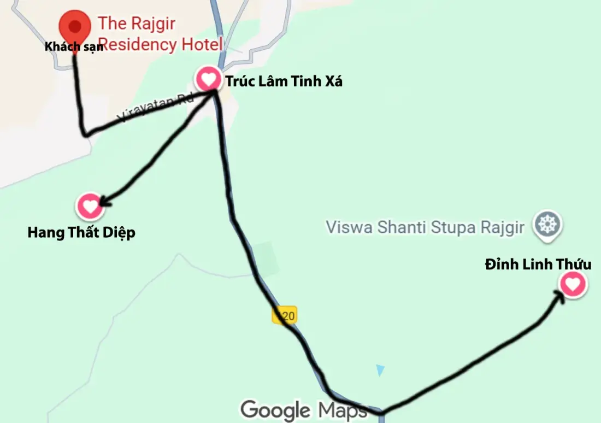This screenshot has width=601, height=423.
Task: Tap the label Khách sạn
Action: tap(74, 47)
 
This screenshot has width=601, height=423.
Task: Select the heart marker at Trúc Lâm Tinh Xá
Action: tap(208, 80)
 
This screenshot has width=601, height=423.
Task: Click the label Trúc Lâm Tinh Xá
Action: tap(284, 82)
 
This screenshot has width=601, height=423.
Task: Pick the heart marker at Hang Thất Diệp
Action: tap(90, 206)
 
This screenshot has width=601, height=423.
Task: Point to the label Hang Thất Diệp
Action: tap(81, 233)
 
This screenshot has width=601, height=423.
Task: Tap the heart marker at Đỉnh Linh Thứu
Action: tap(572, 285)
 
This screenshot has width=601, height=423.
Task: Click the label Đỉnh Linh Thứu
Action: tap(538, 265)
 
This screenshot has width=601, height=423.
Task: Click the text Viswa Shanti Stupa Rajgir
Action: tap(425, 227)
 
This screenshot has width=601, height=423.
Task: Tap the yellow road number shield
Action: tap(285, 315)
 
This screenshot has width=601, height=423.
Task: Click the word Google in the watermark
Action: tap(276, 410)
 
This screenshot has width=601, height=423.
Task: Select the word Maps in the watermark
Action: tap(343, 410)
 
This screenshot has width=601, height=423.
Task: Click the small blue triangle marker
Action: tap(380, 370)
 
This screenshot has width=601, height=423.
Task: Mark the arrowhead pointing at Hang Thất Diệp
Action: tap(104, 202)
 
